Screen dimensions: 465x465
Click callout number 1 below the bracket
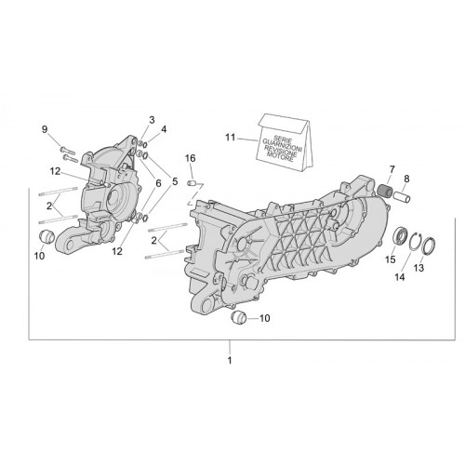(x=230, y=361)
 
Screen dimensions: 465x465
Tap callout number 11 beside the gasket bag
(x=231, y=137)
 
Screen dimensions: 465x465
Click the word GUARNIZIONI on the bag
(x=283, y=144)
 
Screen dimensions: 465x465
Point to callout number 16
(x=191, y=158)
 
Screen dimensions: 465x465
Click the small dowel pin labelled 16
(x=193, y=183)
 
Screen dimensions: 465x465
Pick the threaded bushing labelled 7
(x=386, y=189)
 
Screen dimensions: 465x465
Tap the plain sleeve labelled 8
(x=402, y=197)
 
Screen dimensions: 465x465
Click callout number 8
(x=406, y=179)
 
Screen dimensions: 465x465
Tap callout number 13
(x=418, y=268)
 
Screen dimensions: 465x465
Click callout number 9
(x=45, y=129)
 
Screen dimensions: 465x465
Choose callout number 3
(x=152, y=120)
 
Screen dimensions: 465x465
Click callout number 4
(x=164, y=129)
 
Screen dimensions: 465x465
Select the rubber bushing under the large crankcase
(x=239, y=317)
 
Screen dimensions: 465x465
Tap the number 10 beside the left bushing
(x=39, y=256)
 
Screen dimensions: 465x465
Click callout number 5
(x=175, y=181)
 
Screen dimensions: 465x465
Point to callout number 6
(x=158, y=183)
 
